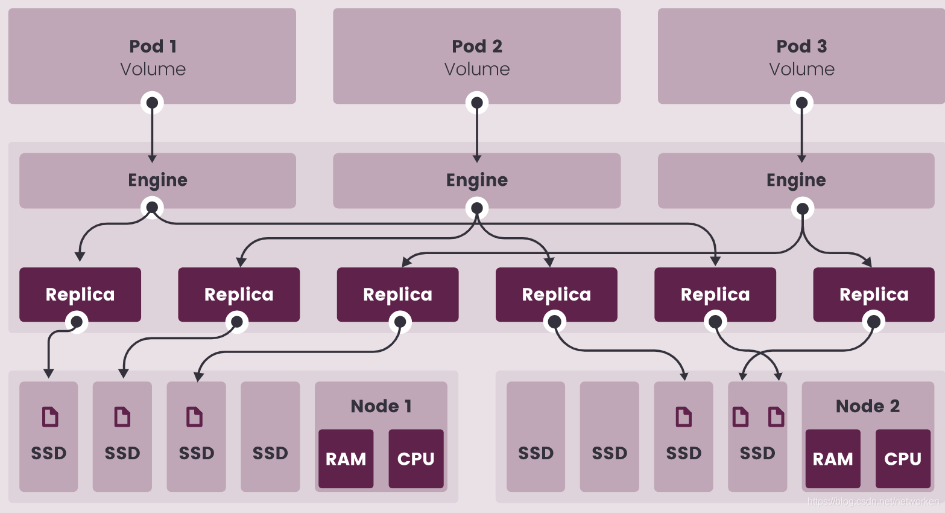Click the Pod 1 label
point(153,46)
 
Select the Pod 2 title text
point(476,46)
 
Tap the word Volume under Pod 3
point(801,69)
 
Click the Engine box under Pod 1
point(157,180)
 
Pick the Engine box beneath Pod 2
point(476,180)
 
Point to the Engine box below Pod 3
point(796,180)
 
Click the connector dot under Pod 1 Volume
point(152,103)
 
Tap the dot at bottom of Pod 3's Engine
point(802,209)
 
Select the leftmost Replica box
point(80,294)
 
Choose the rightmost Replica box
point(874,294)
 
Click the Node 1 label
point(381,406)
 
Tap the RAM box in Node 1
point(346,459)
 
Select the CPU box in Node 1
point(416,459)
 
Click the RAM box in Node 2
point(833,459)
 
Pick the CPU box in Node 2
point(903,459)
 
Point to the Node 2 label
point(867,406)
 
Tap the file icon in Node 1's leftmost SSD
point(50,416)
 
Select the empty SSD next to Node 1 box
point(270,436)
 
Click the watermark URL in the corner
point(873,502)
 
